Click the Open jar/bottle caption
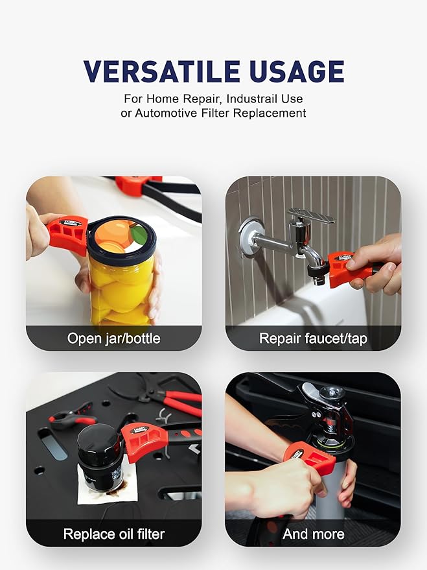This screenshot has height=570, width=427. pos(113,338)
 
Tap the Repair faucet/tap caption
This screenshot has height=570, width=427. pos(313,338)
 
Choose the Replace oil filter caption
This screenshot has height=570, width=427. pos(113,534)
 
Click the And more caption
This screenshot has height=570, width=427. pos(313,534)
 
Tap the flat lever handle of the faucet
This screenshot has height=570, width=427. pos(311,215)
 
